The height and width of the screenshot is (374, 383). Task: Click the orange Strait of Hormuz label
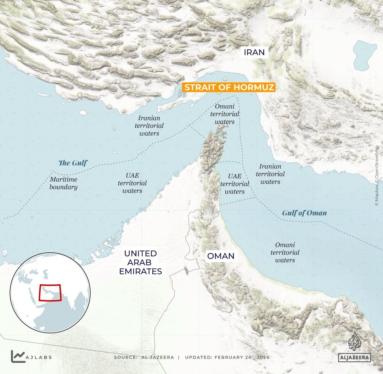click(229, 87)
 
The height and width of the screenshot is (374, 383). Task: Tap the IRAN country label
click(254, 53)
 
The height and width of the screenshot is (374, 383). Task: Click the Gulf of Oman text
click(304, 213)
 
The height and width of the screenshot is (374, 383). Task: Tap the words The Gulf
click(73, 163)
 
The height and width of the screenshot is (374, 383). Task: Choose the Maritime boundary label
click(63, 183)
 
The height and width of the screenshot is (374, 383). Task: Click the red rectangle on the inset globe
click(50, 292)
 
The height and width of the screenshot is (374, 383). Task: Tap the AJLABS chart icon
click(18, 356)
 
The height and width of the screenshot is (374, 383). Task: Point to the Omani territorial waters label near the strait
click(225, 114)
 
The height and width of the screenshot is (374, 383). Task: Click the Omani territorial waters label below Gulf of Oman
click(285, 252)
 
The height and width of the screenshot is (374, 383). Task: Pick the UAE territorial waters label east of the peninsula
click(235, 184)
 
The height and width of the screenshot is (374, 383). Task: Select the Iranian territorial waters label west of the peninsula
click(149, 126)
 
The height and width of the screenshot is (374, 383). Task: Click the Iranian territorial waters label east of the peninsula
click(270, 174)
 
